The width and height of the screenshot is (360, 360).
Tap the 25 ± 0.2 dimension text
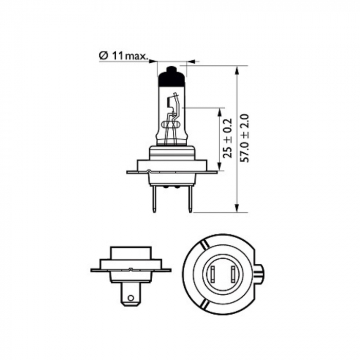(x=228, y=138)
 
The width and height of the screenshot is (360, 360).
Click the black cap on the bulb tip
(x=171, y=77)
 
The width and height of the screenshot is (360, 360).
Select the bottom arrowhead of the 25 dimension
(x=220, y=167)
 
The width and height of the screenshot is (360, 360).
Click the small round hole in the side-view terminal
(x=131, y=297)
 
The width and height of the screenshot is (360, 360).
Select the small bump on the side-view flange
(x=132, y=268)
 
